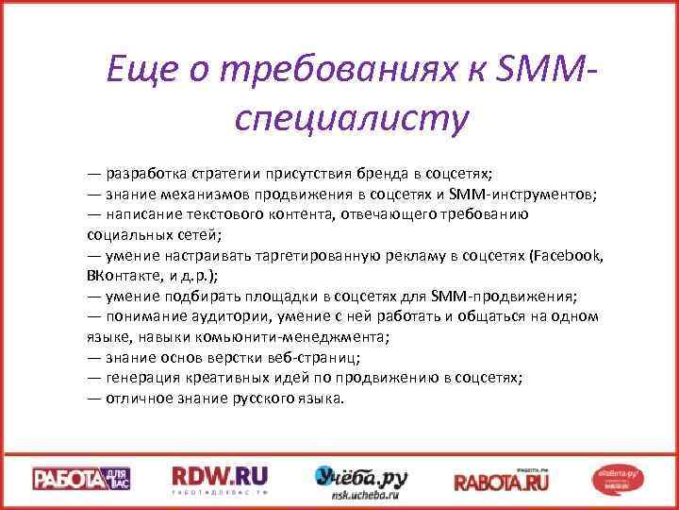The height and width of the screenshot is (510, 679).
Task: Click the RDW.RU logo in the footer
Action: [220, 478]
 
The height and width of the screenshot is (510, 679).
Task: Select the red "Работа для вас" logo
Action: [82, 479]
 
